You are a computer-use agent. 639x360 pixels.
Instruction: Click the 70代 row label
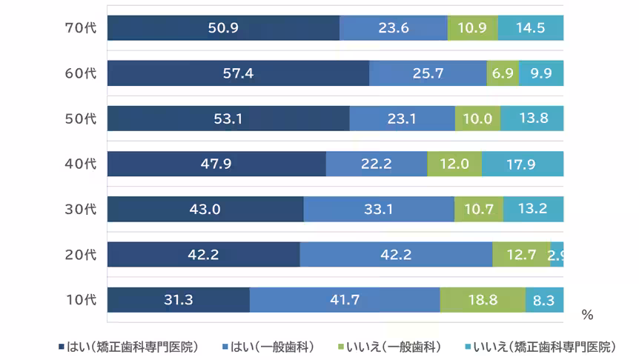pyautogui.click(x=81, y=28)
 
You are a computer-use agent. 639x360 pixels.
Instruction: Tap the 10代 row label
pyautogui.click(x=81, y=300)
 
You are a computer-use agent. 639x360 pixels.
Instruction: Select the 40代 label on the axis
pyautogui.click(x=81, y=164)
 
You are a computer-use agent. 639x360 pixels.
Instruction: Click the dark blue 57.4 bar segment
pyautogui.click(x=238, y=73)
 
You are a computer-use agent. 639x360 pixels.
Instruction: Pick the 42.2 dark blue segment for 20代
pyautogui.click(x=203, y=254)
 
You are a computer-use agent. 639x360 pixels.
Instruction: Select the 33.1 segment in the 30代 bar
pyautogui.click(x=379, y=209)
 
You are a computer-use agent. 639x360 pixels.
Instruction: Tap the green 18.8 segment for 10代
pyautogui.click(x=483, y=300)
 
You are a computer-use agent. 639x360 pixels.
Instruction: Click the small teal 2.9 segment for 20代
pyautogui.click(x=557, y=254)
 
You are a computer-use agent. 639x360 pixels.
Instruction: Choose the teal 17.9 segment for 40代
pyautogui.click(x=523, y=164)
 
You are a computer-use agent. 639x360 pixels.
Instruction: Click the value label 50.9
pyautogui.click(x=223, y=28)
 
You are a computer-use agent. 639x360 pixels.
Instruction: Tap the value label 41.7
pyautogui.click(x=345, y=300)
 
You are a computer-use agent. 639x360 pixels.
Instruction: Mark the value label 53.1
pyautogui.click(x=228, y=119)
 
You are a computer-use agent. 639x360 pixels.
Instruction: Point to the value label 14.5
pyautogui.click(x=531, y=28)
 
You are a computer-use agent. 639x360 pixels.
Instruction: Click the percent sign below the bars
pyautogui.click(x=587, y=315)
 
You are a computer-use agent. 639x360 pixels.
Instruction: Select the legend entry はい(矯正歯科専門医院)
pyautogui.click(x=128, y=347)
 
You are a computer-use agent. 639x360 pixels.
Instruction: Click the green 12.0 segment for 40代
pyautogui.click(x=454, y=164)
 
